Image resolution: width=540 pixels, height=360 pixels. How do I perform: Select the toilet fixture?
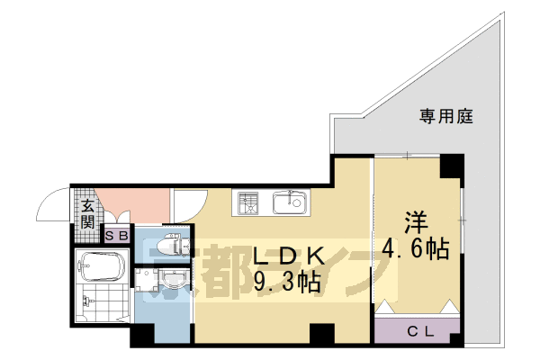172,244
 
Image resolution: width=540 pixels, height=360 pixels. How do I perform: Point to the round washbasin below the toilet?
174,279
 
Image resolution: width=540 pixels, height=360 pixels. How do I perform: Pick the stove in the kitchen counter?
247,202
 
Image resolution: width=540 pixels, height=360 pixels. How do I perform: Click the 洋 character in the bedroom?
414,220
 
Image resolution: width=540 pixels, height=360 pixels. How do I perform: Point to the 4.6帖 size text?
414,247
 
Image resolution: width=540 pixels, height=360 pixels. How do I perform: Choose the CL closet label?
418,330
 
